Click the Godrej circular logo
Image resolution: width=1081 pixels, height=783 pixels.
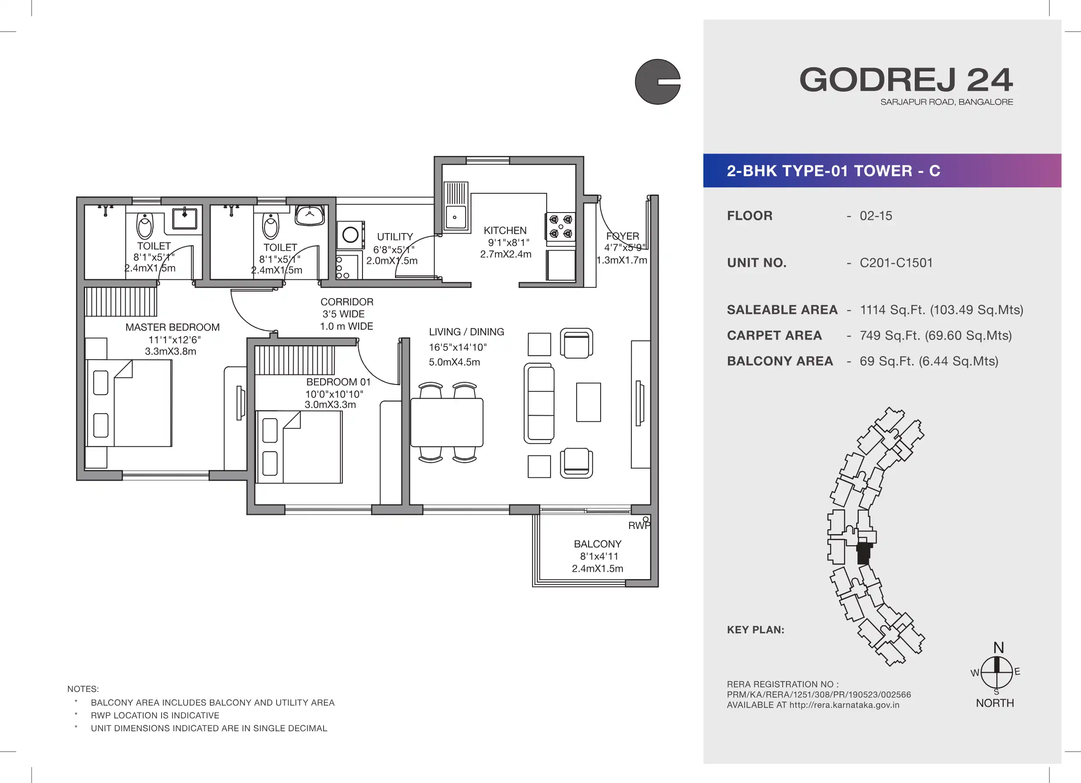pos(657,82)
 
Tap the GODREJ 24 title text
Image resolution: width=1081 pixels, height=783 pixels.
pos(906,80)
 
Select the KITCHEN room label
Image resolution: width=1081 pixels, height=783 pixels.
pos(505,230)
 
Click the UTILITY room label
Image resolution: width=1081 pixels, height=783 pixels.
pos(395,236)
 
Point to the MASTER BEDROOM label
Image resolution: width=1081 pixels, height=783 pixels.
pos(173,327)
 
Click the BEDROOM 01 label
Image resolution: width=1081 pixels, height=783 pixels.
pos(339,382)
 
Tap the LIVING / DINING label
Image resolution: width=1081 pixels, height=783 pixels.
pos(466,332)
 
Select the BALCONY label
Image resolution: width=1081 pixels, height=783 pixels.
pos(598,544)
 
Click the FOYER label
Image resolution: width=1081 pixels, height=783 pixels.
pos(622,236)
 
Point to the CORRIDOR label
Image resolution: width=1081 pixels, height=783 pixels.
pos(347,302)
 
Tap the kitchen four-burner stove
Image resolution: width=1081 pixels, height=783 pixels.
pos(560,227)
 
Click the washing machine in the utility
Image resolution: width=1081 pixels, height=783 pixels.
pos(351,235)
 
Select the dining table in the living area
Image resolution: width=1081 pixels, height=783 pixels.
pos(447,423)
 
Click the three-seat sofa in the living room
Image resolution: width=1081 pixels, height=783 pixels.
pos(539,403)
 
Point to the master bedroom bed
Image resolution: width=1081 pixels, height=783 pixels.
pos(129,403)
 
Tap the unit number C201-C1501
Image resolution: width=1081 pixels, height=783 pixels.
pos(896,263)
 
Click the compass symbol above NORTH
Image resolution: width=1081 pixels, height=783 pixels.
pos(997,672)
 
